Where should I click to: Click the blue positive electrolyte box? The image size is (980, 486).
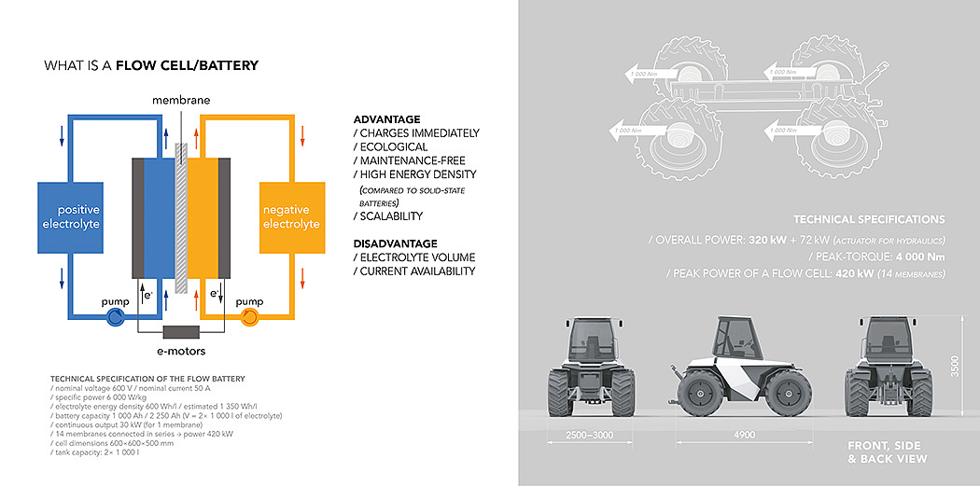pos(69,216)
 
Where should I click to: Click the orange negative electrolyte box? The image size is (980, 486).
pos(291,216)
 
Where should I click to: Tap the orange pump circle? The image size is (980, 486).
pos(249,317)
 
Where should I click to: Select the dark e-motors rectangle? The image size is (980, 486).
pos(182,332)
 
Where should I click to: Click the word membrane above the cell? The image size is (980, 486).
pos(181,100)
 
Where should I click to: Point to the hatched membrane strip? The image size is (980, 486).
pos(182,215)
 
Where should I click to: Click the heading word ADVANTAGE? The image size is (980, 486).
pos(386,119)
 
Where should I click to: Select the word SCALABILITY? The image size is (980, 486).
pos(391,216)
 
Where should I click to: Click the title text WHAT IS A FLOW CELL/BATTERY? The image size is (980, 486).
pos(151,65)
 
